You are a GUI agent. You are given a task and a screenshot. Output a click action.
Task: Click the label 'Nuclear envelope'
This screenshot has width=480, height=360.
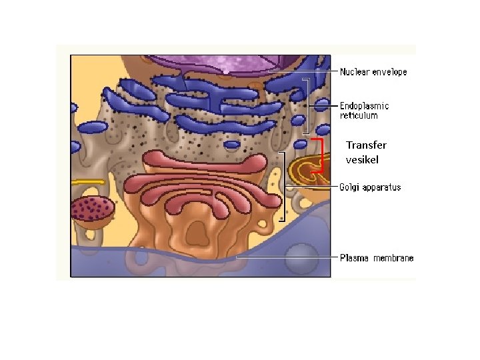(x=373, y=71)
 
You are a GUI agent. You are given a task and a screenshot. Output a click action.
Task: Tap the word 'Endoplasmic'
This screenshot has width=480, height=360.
(x=365, y=105)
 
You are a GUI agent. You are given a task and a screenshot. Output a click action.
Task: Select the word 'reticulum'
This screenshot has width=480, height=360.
(x=359, y=115)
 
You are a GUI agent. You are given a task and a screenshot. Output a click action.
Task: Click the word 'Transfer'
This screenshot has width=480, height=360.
(x=366, y=145)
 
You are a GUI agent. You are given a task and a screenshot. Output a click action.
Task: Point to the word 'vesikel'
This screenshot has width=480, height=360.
(x=362, y=159)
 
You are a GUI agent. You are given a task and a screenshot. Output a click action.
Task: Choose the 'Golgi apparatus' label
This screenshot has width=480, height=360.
(x=371, y=187)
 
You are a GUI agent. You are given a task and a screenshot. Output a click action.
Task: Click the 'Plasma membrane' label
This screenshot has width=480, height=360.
(x=377, y=258)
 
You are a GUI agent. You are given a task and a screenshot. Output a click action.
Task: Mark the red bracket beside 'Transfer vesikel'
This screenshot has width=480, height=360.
(x=321, y=155)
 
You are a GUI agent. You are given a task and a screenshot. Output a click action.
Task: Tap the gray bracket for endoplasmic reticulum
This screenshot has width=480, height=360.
(x=308, y=106)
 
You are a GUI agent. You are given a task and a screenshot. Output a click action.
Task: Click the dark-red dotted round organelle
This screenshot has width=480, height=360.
(x=93, y=208)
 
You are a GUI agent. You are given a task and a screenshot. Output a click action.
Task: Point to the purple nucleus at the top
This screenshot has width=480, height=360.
(x=227, y=63)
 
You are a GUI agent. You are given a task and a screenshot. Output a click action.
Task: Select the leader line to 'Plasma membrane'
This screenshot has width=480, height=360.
(x=287, y=256)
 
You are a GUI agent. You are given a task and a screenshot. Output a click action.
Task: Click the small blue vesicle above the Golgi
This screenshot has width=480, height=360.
(x=232, y=143)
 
